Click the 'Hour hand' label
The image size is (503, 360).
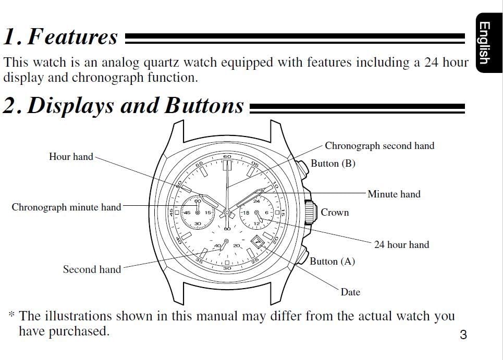coord(71,156)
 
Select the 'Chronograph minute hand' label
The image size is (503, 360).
coord(66,207)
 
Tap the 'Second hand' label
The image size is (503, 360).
coord(92,269)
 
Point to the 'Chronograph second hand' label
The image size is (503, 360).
coord(379,146)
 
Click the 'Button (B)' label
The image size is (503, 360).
coord(333,164)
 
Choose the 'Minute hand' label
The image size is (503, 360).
coord(394,194)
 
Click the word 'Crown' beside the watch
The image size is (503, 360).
coord(335,212)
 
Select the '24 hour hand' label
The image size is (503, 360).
coord(401,244)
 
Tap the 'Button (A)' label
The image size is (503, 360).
coord(332,261)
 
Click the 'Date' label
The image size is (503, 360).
coord(350,292)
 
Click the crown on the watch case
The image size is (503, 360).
coord(310,212)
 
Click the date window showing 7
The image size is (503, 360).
coord(257,242)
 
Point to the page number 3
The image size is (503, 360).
coord(463,334)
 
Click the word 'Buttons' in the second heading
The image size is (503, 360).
coord(204,105)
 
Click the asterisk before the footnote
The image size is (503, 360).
coord(11,314)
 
